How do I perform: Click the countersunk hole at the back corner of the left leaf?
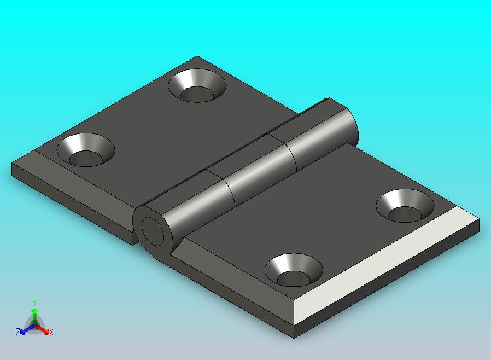coord(197,85)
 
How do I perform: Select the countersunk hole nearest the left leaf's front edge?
coord(86,150)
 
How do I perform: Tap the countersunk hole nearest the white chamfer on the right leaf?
coord(405,206)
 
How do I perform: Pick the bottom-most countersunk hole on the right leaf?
coord(294,270)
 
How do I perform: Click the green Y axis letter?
coord(34,303)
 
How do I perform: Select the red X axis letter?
coord(51,333)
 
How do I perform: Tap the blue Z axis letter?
coord(18,332)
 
